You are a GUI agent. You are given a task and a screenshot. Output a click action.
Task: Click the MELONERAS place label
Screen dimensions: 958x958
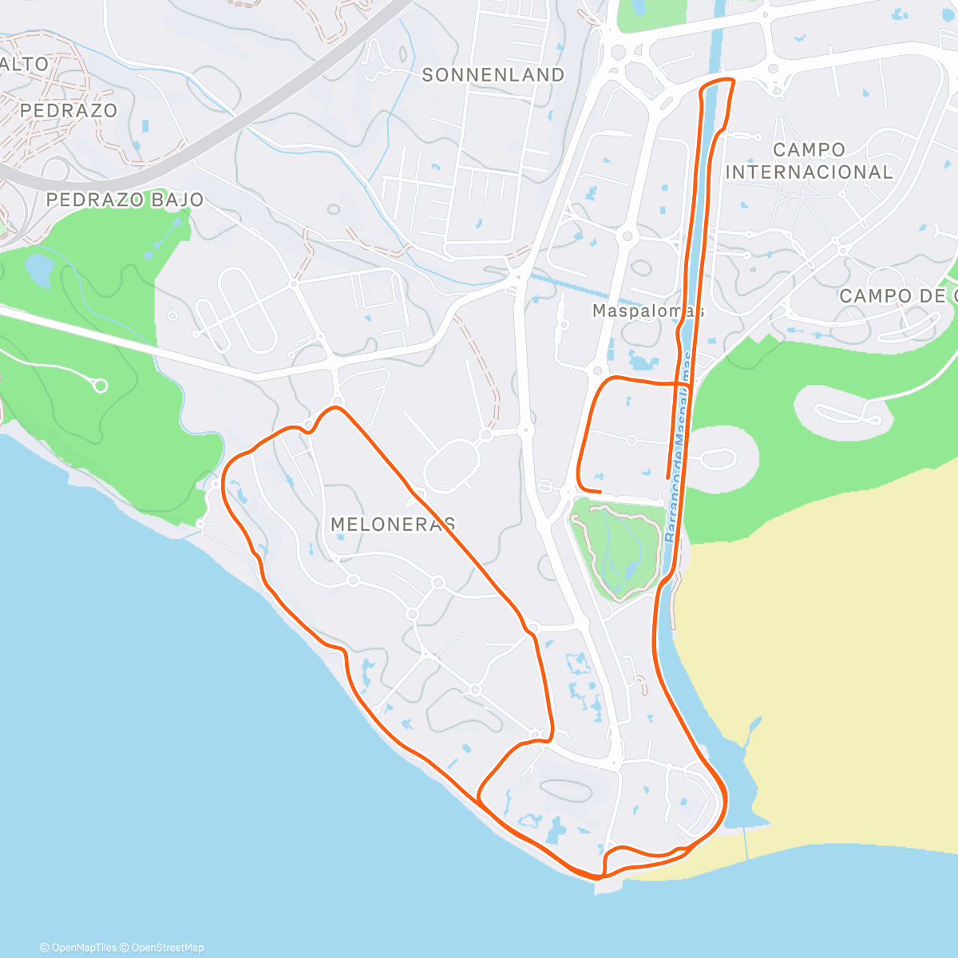[x=393, y=525]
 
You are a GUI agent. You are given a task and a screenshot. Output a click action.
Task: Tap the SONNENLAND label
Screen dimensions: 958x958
[x=493, y=75]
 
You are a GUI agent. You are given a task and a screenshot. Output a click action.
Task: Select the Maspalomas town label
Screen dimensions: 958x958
[x=647, y=311]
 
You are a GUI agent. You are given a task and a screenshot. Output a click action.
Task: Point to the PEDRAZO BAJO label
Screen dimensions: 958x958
[x=125, y=200]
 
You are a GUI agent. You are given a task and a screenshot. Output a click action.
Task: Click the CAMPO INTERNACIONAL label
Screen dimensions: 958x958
[x=809, y=161]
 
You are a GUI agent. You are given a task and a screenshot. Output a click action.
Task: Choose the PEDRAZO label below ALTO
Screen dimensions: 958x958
[x=69, y=111]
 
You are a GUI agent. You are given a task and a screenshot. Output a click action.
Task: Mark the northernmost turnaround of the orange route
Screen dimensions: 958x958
[x=717, y=81]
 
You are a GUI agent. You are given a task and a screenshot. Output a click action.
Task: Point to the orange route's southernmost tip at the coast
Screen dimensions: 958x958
[x=596, y=877]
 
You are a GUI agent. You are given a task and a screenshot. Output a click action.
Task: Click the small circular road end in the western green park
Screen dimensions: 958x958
[x=101, y=386]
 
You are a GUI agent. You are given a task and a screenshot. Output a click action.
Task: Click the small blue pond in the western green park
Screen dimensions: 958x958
[x=38, y=269]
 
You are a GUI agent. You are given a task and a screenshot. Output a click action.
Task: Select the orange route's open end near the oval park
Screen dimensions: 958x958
[x=600, y=490]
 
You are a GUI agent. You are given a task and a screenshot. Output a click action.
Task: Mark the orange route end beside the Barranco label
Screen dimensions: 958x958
[x=667, y=477]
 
